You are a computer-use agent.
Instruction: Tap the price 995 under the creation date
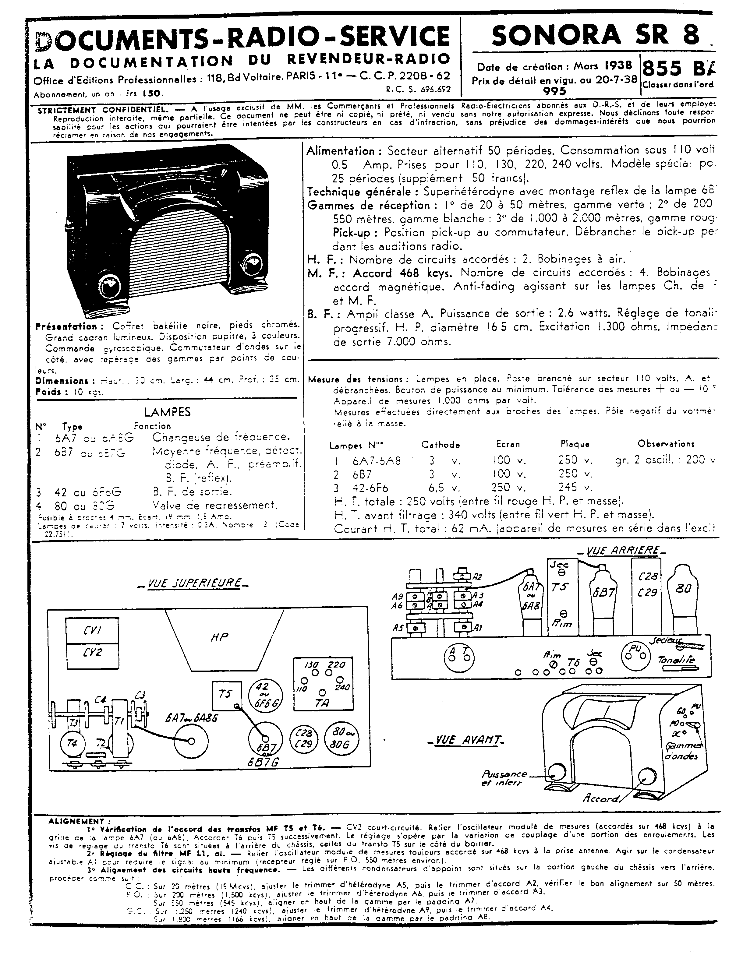tap(554, 91)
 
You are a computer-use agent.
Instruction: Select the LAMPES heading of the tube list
tap(168, 412)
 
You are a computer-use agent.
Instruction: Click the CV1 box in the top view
tap(92, 631)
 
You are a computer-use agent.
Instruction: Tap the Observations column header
tap(666, 444)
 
